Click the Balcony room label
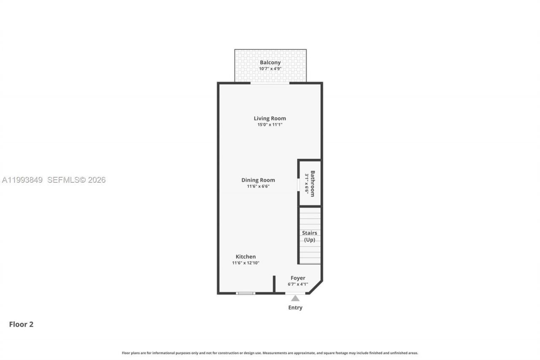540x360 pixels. tap(270, 62)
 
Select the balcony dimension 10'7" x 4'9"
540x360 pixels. tap(270, 68)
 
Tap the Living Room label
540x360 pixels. tap(270, 118)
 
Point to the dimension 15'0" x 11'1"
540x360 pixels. tap(270, 125)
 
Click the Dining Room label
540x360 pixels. tap(258, 180)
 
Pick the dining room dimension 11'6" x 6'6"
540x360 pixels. tap(258, 186)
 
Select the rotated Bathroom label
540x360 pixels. tap(313, 184)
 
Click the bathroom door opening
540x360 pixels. tap(299, 185)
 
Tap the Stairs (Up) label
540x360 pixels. tap(310, 236)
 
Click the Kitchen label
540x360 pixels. tap(246, 257)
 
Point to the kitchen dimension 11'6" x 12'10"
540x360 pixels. tap(246, 263)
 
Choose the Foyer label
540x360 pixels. tap(298, 278)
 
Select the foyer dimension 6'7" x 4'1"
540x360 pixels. tap(298, 284)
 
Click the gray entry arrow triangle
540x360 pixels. tap(295, 298)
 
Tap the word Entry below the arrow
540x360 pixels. tap(295, 308)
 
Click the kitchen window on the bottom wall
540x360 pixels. tap(246, 293)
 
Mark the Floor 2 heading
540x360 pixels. tap(21, 324)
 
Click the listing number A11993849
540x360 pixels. tap(22, 180)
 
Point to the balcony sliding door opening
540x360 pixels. tap(270, 83)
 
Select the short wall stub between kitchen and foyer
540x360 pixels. tap(274, 284)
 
